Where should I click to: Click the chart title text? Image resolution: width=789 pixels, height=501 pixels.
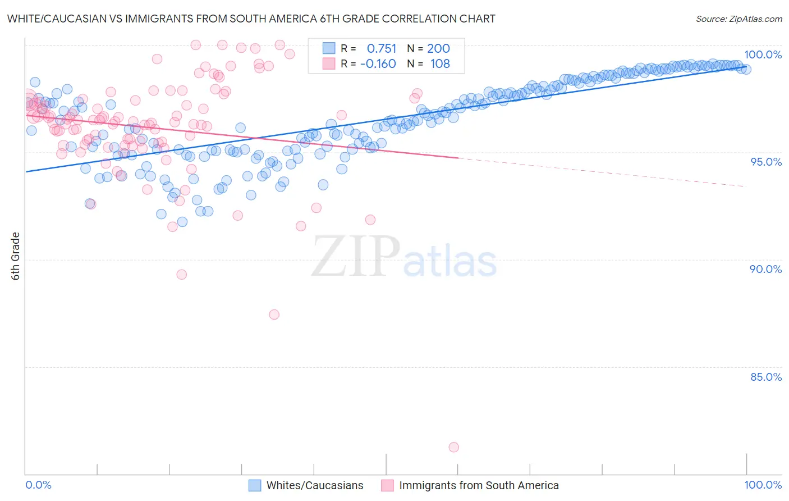pos(251,19)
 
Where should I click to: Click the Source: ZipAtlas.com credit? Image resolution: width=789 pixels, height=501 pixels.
pos(738,19)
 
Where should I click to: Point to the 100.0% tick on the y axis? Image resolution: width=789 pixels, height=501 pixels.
pos(763,54)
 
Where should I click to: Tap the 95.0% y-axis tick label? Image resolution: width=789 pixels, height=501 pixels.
pos(765,162)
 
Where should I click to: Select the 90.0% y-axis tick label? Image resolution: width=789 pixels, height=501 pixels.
pos(765,269)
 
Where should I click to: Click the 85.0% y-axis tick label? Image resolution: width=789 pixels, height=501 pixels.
pos(765,377)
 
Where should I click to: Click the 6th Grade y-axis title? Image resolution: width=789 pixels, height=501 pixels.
pos(16,256)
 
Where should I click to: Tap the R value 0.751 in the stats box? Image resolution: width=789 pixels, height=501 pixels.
pos(381,49)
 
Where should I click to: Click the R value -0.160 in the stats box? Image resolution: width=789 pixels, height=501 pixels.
pos(378,64)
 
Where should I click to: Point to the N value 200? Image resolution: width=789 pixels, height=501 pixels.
pos(438,49)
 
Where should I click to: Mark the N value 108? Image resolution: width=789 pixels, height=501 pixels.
pos(440,64)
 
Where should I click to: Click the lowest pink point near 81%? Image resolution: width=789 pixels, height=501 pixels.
pos(453,447)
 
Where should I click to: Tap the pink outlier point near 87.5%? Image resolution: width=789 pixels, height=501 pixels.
pos(274,315)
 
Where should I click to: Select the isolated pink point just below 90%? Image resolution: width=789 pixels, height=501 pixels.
pos(181,275)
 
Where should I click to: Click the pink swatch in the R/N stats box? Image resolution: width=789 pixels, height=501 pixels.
pos(328,64)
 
